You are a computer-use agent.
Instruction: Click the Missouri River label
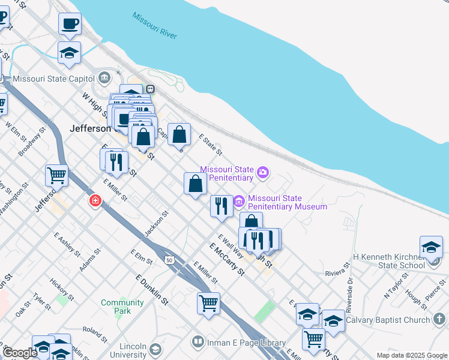[x=155, y=26]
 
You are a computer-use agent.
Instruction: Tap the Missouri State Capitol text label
[x=53, y=79]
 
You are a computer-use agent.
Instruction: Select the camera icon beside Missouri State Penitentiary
[x=262, y=173]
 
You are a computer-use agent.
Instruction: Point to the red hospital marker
[x=95, y=200]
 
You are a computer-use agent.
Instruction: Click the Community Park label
[x=122, y=307]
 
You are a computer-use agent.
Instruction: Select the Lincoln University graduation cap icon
[x=155, y=349]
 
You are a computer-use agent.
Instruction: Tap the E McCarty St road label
[x=227, y=259]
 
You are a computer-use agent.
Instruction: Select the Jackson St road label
[x=157, y=223]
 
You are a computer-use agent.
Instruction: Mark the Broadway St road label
[x=32, y=142]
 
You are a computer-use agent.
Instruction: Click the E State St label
[x=210, y=145]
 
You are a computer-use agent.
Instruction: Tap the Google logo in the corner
[x=20, y=352]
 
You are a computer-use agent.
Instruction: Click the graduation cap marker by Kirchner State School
[x=431, y=247]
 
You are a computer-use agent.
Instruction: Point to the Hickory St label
[x=62, y=289]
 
